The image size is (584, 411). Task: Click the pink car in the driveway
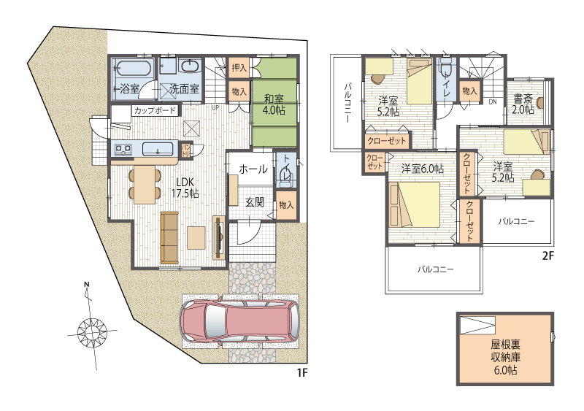[x=239, y=322]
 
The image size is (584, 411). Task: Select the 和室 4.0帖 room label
[x=274, y=104]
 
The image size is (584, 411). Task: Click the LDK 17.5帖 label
[x=185, y=188]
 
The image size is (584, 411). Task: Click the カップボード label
[x=155, y=110]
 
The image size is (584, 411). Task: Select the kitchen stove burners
[x=123, y=150]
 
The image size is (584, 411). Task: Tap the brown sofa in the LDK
[x=169, y=237]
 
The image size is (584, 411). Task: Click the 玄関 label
[x=255, y=202]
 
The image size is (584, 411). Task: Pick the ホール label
[x=253, y=169]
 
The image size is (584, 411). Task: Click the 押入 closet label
[x=239, y=67]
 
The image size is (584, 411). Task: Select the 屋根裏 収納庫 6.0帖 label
[x=505, y=356]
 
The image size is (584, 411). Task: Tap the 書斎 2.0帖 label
[x=523, y=104]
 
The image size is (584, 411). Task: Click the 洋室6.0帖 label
[x=423, y=169]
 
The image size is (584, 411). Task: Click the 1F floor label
[x=301, y=373]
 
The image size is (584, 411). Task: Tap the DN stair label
[x=492, y=101]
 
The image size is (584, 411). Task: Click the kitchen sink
[x=158, y=149]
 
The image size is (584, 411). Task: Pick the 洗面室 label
[x=184, y=89]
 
